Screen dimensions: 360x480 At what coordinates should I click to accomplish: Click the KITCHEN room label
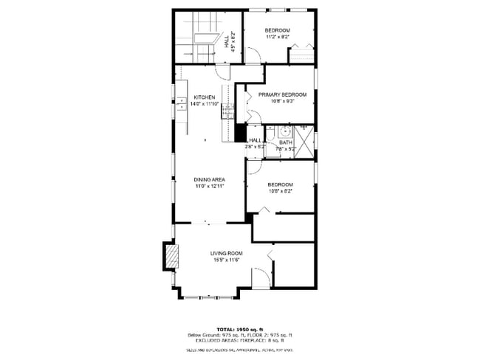pyautogui.click(x=205, y=97)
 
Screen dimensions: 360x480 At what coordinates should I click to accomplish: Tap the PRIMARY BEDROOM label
pyautogui.click(x=282, y=94)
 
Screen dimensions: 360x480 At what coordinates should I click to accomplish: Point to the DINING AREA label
pyautogui.click(x=209, y=180)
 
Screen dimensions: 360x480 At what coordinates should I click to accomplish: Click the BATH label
pyautogui.click(x=286, y=142)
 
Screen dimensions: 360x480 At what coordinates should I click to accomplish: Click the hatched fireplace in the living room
pyautogui.click(x=171, y=257)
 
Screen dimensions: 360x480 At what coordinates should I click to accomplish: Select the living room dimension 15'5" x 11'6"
pyautogui.click(x=227, y=260)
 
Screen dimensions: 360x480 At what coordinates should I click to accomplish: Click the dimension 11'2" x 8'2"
pyautogui.click(x=278, y=36)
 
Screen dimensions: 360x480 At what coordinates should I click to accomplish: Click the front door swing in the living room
pyautogui.click(x=259, y=279)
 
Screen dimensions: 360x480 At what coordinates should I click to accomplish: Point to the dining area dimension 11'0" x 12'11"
pyautogui.click(x=209, y=187)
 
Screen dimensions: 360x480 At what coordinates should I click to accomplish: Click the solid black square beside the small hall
pyautogui.click(x=239, y=133)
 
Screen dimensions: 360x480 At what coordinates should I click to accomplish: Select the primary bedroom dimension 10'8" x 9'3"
pyautogui.click(x=282, y=101)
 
